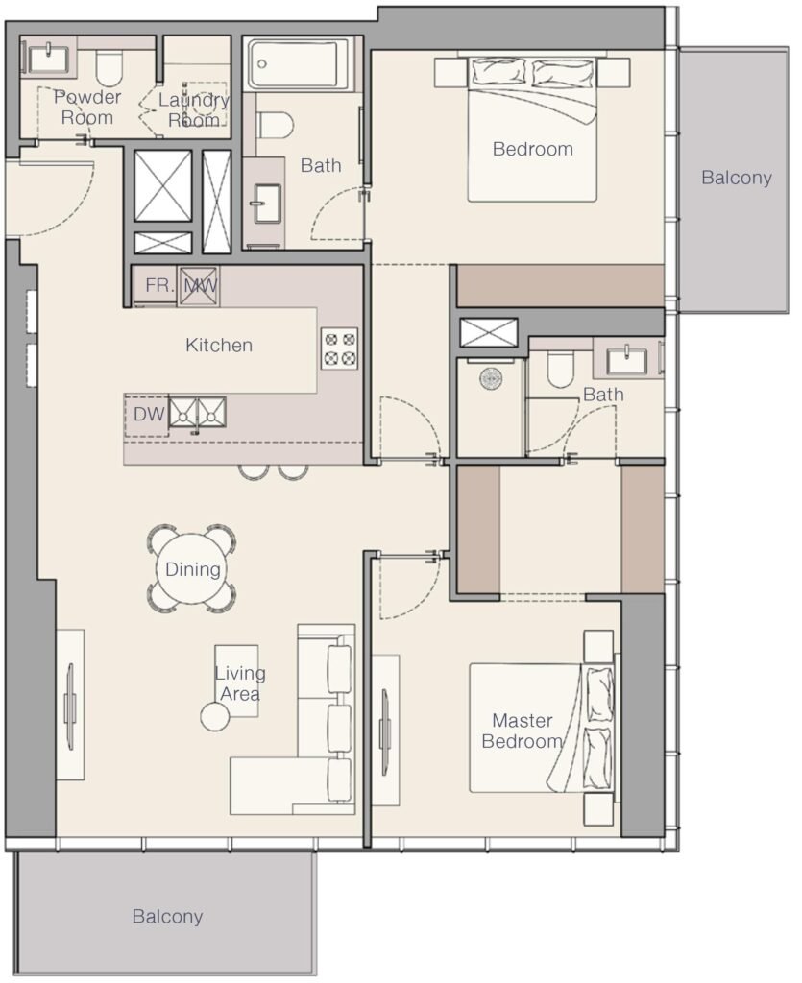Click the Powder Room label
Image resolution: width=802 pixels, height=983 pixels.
(87, 108)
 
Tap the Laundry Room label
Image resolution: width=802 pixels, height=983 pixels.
(194, 109)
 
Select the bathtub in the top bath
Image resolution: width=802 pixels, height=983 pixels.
(298, 64)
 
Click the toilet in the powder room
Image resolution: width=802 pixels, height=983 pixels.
(109, 68)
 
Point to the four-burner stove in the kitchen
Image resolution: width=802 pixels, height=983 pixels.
(339, 348)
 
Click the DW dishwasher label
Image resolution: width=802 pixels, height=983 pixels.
(149, 414)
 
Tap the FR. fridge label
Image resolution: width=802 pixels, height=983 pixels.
(159, 286)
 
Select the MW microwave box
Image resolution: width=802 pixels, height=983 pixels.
(199, 286)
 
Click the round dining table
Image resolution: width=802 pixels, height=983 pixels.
(192, 568)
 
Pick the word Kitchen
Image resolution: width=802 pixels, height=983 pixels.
(219, 345)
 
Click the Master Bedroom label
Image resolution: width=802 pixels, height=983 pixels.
(522, 731)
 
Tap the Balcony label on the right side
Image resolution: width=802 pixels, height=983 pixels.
(736, 178)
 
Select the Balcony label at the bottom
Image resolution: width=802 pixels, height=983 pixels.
(167, 917)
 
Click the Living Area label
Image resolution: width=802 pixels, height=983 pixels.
(240, 683)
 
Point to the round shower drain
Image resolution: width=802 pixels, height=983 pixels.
(491, 378)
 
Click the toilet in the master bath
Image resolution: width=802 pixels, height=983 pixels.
(560, 369)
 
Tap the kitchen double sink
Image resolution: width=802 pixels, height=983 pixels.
(198, 413)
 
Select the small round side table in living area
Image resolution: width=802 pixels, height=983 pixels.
(215, 716)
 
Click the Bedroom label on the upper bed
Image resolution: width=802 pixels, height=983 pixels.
(532, 149)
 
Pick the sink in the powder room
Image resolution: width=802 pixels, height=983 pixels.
(49, 60)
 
